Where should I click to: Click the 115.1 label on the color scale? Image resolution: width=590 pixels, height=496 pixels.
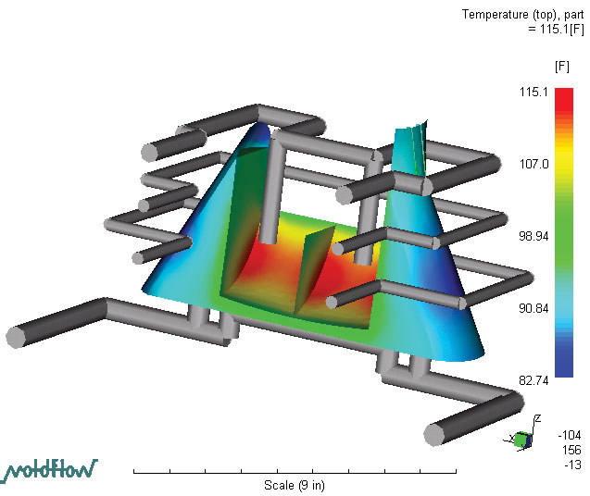[534, 92]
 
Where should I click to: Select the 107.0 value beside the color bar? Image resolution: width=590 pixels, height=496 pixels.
[534, 164]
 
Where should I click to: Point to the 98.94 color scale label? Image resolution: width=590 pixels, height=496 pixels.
[534, 236]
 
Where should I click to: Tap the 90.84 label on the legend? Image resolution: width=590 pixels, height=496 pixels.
[534, 308]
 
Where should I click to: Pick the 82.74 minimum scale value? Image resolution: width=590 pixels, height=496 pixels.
[534, 380]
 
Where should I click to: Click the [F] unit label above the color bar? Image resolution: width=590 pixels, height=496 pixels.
[562, 67]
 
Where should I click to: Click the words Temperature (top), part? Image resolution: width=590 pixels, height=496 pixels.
[523, 15]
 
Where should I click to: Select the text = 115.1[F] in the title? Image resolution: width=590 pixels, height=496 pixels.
[556, 29]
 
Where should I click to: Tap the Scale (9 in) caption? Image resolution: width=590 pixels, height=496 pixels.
[295, 485]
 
